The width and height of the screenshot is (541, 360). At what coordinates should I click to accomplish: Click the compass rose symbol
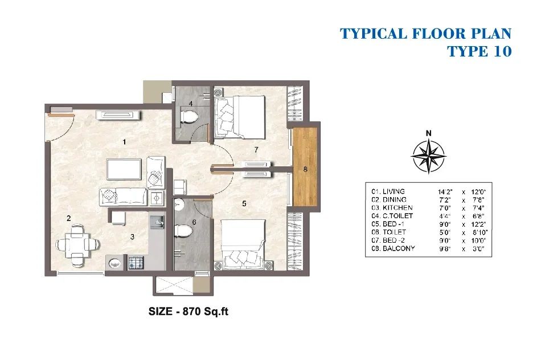point(428,156)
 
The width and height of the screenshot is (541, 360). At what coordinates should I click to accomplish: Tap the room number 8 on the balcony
point(305,169)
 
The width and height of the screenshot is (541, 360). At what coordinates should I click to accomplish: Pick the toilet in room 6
point(183,231)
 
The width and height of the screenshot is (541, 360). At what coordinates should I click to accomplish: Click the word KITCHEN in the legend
point(397,208)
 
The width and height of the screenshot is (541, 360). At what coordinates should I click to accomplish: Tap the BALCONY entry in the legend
point(399,248)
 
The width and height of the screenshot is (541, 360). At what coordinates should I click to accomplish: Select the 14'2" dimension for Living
point(445,191)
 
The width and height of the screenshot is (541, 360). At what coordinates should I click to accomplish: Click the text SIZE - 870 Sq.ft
point(188,312)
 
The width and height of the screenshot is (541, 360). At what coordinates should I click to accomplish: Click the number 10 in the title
point(499,51)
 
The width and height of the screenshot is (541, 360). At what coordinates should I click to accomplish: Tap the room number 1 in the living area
point(124,142)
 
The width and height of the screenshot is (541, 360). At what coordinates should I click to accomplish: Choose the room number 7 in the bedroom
point(256,150)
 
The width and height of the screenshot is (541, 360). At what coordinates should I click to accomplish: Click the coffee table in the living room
point(124,169)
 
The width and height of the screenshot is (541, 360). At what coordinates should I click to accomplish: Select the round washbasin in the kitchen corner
point(115,263)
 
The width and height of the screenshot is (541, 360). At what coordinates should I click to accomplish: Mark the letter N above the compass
point(428,133)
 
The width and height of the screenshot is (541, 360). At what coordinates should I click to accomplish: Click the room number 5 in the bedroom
point(244,204)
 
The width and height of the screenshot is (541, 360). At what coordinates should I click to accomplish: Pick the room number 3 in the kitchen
point(132,237)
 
